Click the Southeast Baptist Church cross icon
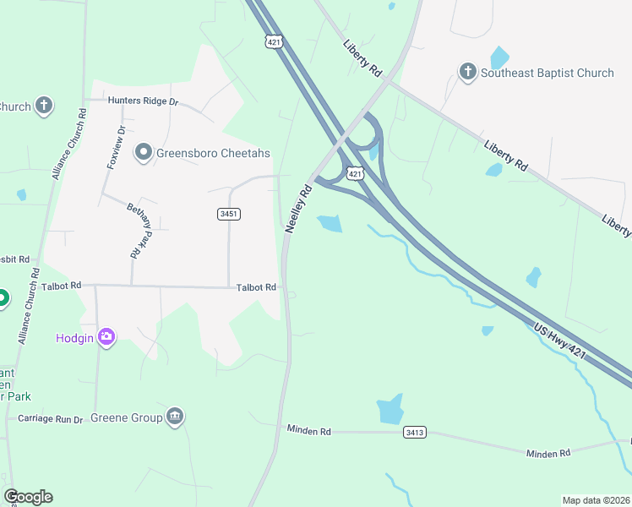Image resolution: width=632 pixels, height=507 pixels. click(x=467, y=73)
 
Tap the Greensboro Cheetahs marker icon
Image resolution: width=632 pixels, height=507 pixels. click(x=143, y=153)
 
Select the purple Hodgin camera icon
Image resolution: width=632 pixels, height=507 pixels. click(x=106, y=337)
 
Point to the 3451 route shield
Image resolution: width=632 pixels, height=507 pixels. click(x=229, y=215)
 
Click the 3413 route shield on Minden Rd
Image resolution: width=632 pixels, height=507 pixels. click(x=414, y=433)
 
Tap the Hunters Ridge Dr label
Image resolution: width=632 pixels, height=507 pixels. click(x=144, y=101)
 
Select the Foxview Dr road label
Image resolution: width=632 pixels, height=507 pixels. click(x=116, y=148)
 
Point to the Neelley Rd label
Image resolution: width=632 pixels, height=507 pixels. click(x=299, y=210)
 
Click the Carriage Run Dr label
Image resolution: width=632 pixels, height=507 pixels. click(x=51, y=419)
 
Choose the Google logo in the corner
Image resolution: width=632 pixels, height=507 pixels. click(x=28, y=497)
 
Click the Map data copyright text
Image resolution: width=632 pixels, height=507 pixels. click(x=596, y=500)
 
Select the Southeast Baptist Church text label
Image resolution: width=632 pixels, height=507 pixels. click(x=547, y=73)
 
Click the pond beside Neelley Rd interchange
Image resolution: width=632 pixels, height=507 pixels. click(x=330, y=224)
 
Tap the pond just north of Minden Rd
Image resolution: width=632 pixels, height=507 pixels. click(x=390, y=410)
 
